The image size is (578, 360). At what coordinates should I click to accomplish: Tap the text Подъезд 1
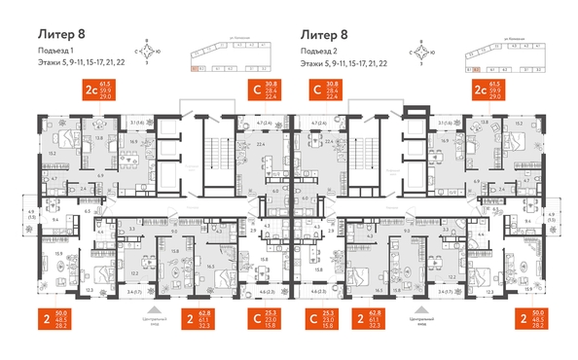click(58, 51)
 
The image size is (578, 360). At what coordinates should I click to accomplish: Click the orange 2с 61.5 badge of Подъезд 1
click(102, 92)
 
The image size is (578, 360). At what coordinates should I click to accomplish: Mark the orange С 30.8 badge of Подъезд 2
click(325, 92)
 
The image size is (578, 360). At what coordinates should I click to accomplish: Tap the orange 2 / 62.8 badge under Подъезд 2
click(381, 318)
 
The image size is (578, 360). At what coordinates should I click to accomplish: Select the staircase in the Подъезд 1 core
click(214, 146)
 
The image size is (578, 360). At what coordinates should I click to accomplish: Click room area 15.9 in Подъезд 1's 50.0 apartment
click(60, 255)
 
